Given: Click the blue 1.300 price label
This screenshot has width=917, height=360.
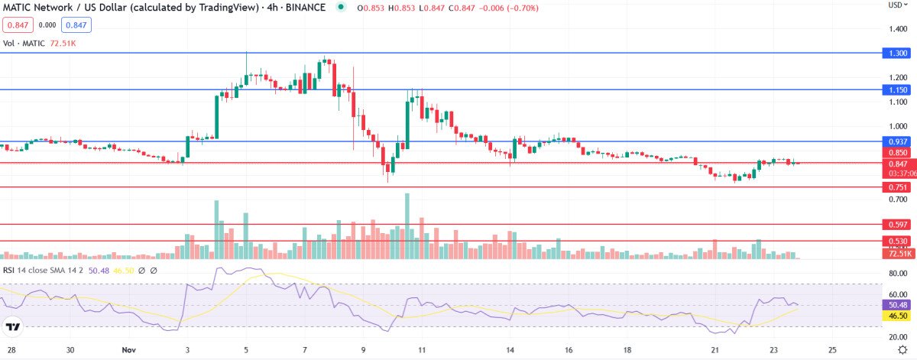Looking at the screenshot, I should pos(899,53).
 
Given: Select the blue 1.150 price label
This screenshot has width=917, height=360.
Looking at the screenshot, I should pos(899,89).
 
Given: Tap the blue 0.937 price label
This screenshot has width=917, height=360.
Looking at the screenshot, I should pos(899,141).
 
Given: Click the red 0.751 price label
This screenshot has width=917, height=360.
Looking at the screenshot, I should pos(899,187).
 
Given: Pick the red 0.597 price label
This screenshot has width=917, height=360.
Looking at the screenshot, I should pos(899,225).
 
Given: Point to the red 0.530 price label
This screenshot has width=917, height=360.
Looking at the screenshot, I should pos(899,241).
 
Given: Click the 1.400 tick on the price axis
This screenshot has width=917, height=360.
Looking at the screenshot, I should pos(899,28).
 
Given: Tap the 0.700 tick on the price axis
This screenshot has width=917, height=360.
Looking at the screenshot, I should pos(899,199).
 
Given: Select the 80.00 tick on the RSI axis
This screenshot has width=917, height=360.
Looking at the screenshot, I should pos(899,273).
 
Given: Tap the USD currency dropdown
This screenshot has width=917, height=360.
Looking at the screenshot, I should pos(898,5).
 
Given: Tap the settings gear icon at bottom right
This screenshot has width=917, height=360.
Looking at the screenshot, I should pos(901,350).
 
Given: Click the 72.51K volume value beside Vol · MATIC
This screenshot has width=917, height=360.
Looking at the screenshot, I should pos(62,44).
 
